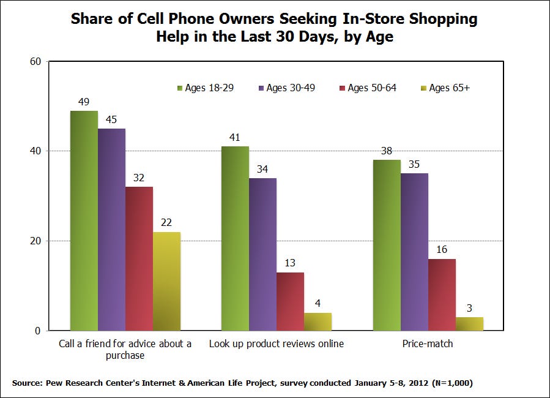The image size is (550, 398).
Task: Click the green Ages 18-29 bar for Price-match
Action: pyautogui.click(x=387, y=245)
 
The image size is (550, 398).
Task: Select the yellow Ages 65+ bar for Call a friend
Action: pyautogui.click(x=166, y=282)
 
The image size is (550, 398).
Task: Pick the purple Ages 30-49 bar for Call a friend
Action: pyautogui.click(x=111, y=230)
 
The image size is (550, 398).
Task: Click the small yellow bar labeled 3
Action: pyautogui.click(x=469, y=324)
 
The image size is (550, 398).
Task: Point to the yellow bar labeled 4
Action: pyautogui.click(x=318, y=322)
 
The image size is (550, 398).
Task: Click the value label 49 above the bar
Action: pyautogui.click(x=84, y=102)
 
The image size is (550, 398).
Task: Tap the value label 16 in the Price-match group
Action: pyautogui.click(x=442, y=250)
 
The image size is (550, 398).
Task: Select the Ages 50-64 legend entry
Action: pyautogui.click(x=366, y=88)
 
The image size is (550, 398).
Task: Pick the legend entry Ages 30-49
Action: pyautogui.click(x=286, y=88)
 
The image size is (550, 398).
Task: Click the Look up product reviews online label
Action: pyautogui.click(x=277, y=344)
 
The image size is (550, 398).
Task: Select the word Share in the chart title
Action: pyautogui.click(x=89, y=19)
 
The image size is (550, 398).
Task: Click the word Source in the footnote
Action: pyautogui.click(x=26, y=383)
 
